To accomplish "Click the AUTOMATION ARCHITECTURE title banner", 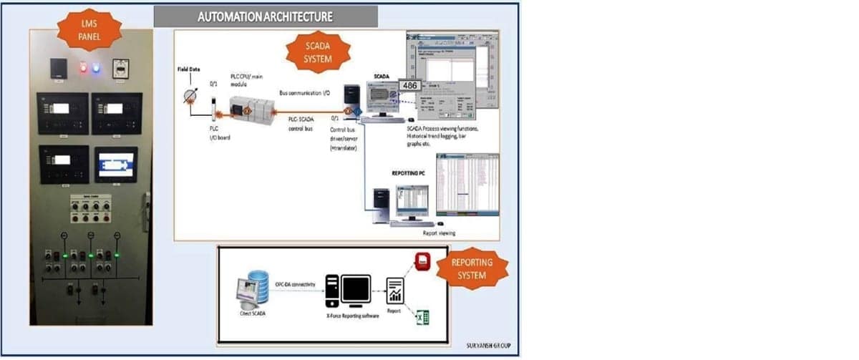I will (265, 16).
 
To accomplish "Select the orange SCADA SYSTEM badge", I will (318, 52).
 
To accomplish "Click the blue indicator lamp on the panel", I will (97, 69).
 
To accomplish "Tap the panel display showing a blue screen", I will (115, 165).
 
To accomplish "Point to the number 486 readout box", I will (409, 86).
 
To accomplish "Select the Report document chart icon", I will (395, 291).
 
